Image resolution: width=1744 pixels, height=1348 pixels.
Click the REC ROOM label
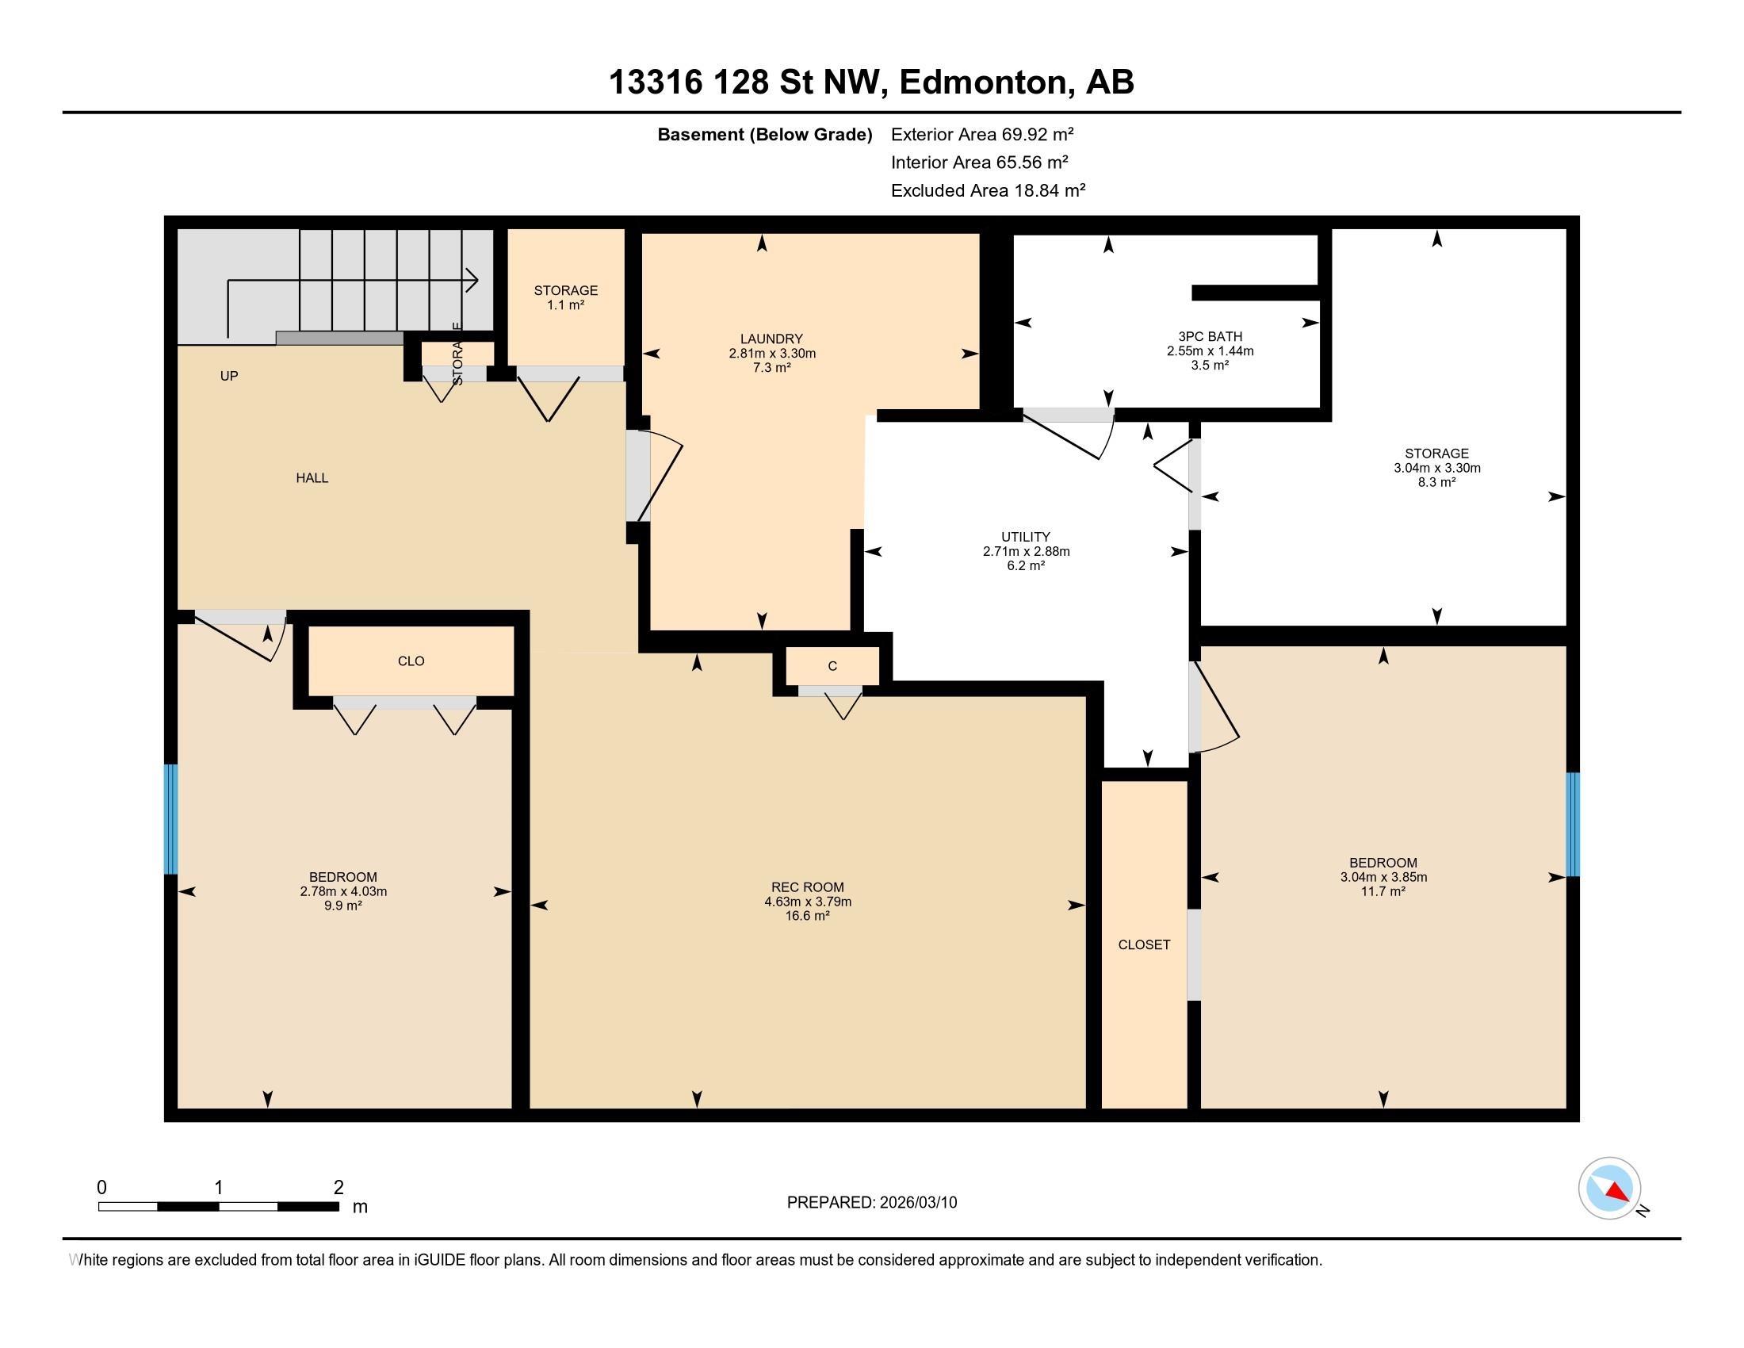[807, 887]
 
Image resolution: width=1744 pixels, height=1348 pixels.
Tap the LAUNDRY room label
[771, 339]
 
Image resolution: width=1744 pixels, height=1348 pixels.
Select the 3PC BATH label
[1210, 336]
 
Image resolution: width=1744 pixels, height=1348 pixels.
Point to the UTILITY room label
[1025, 537]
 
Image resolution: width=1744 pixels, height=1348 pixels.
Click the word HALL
[312, 477]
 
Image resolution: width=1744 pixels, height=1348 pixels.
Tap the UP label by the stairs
[229, 375]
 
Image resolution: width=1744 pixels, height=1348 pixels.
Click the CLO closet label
[411, 661]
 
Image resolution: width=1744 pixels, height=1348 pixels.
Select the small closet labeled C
[832, 666]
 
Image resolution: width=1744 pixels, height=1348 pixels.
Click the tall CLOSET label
[1143, 944]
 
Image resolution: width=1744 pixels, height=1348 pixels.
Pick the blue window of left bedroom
[170, 818]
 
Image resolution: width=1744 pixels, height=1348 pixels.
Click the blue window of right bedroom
[1572, 824]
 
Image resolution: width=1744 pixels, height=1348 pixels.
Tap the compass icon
[1609, 1188]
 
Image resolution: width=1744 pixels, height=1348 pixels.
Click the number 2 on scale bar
[338, 1187]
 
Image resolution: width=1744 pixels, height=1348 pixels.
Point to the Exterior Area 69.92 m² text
[981, 134]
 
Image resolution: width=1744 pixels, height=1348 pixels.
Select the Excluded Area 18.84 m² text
[988, 190]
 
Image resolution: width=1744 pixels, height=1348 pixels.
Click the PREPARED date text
[871, 1202]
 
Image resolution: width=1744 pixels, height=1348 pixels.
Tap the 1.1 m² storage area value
[565, 305]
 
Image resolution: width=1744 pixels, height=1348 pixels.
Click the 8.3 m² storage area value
[1436, 482]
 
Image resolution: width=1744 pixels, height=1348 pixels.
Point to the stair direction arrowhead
[472, 280]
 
